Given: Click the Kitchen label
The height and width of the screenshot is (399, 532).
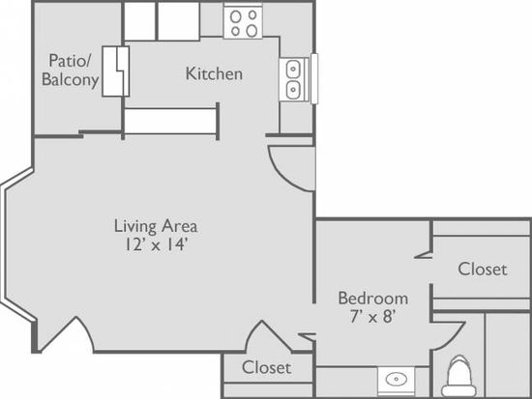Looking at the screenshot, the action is (x=214, y=73).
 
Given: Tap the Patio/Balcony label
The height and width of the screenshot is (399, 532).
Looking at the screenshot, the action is (x=71, y=70).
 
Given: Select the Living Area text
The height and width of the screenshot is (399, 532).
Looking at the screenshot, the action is (x=156, y=226).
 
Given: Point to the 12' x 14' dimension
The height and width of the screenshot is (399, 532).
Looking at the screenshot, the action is (x=156, y=244).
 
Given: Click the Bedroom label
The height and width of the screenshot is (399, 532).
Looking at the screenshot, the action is (x=373, y=299).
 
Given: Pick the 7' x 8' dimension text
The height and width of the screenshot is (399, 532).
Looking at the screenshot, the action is (x=373, y=316).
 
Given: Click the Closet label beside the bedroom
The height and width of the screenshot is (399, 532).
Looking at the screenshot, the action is (x=483, y=270).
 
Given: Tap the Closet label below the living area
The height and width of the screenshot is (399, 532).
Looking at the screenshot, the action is (x=266, y=367).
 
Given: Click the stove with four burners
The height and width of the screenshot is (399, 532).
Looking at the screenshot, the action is (x=243, y=22).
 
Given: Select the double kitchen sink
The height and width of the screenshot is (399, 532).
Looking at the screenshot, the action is (x=293, y=79).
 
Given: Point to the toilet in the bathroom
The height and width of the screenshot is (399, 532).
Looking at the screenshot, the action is (x=458, y=376).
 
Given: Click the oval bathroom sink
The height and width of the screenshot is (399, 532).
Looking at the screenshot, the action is (x=396, y=379).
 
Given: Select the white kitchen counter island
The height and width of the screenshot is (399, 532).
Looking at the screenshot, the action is (x=170, y=121).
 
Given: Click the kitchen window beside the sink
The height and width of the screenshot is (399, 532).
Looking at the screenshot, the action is (x=314, y=78).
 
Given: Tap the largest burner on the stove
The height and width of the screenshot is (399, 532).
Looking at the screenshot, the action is (x=251, y=31).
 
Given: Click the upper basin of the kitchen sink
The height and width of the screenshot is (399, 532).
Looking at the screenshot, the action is (x=293, y=70).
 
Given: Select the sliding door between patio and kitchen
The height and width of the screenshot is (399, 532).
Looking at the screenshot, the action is (x=116, y=71).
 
